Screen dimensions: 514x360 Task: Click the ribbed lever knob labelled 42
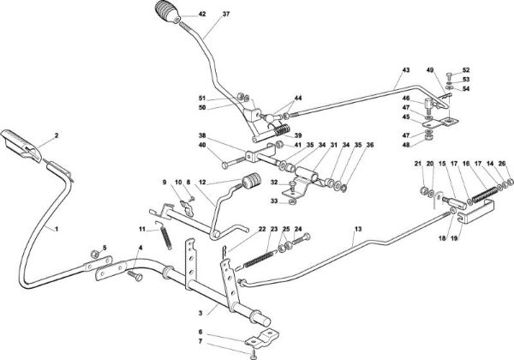(167, 12)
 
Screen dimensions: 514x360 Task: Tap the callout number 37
(226, 14)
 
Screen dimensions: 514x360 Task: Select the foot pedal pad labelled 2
(21, 146)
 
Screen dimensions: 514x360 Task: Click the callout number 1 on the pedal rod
(57, 229)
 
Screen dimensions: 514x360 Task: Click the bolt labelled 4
(135, 276)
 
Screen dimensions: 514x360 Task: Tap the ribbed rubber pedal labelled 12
(252, 181)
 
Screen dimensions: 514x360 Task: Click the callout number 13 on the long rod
(358, 229)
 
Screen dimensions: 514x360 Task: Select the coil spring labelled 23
(260, 258)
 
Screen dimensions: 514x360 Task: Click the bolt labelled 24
(301, 240)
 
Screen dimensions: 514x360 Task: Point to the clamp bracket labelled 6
(262, 338)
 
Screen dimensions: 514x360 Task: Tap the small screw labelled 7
(254, 353)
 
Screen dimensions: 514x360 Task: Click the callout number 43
(406, 70)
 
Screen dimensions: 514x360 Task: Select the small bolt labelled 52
(449, 77)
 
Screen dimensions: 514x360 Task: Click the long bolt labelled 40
(234, 163)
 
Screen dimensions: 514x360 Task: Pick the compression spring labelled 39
(282, 130)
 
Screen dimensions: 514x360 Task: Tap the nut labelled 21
(424, 190)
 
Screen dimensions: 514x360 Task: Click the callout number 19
(454, 238)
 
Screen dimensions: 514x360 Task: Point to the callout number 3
(200, 314)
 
